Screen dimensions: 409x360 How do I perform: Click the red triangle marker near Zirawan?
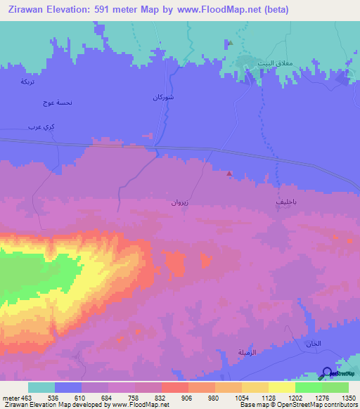(x=229, y=174)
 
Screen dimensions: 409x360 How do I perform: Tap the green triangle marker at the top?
(x=230, y=42)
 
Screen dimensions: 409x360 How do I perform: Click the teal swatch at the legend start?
(x=41, y=387)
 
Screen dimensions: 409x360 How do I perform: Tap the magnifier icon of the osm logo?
(x=326, y=373)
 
